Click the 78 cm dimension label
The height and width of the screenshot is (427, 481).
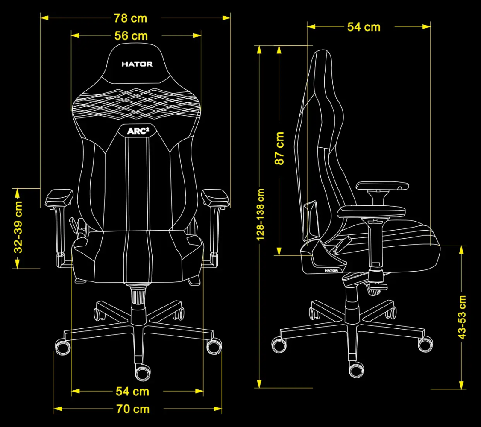pos(130,18)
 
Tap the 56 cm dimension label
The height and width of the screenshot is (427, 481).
pos(131,36)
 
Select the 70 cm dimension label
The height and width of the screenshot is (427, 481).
pos(133,409)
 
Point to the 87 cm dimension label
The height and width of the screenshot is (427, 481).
pos(279,148)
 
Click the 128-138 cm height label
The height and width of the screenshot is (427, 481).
pos(260,214)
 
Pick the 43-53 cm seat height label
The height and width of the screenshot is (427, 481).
pos(462,317)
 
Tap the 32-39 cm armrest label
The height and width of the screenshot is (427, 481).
pos(18,227)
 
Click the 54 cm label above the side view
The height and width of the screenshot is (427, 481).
pos(364,27)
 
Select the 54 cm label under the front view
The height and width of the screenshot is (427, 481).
pos(132,391)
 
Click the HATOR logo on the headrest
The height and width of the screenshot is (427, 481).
pos(137,64)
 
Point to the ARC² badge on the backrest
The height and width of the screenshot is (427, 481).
pos(138,131)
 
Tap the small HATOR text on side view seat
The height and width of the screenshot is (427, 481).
pos(331,271)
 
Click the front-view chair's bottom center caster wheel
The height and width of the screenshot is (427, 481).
pos(143,372)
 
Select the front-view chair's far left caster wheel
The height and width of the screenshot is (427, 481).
pos(63,347)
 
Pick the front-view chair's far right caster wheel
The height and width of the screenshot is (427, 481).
pos(214,346)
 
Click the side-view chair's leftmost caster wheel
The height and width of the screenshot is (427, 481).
pos(279,345)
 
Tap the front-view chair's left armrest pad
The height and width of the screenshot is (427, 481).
pos(59,198)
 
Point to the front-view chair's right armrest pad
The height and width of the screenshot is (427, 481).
pos(215,198)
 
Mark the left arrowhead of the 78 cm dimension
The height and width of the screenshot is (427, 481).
pos(44,18)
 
